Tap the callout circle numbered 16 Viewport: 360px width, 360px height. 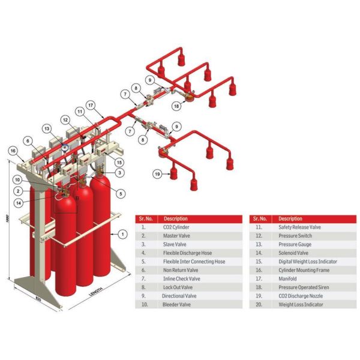(x=14, y=151)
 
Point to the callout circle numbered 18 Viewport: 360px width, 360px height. (x=176, y=106)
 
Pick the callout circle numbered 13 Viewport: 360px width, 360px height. (x=46, y=128)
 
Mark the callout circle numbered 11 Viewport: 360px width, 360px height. (x=80, y=112)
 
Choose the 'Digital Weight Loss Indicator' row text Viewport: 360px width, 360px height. (x=308, y=262)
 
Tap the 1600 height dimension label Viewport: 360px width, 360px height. (x=5, y=220)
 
